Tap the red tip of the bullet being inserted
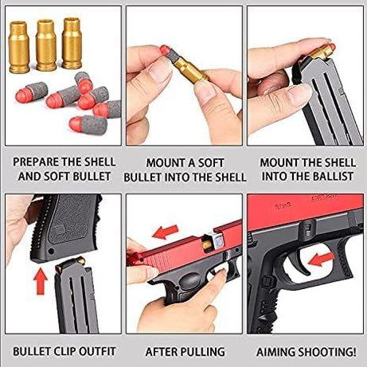coord(165,50)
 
